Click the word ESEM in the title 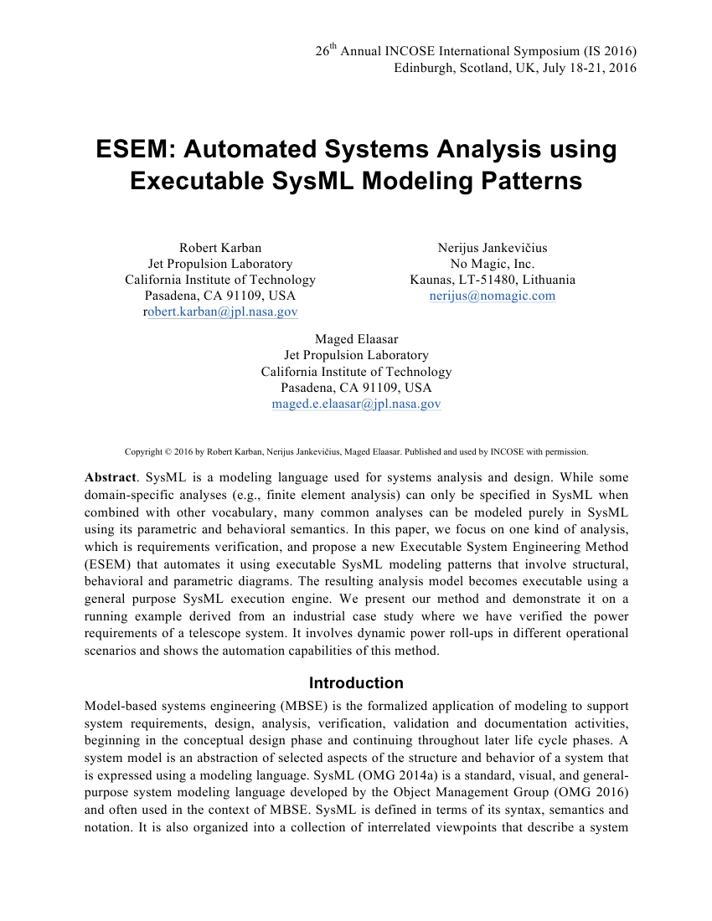click(x=133, y=150)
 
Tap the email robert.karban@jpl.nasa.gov click(x=221, y=311)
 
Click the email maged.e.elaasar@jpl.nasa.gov click(x=356, y=404)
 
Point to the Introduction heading click(x=356, y=682)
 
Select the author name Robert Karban click(x=220, y=248)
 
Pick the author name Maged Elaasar click(x=356, y=339)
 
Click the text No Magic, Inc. click(x=493, y=264)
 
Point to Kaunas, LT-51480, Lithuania click(x=493, y=280)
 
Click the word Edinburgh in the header click(x=424, y=68)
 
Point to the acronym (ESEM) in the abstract click(x=108, y=569)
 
